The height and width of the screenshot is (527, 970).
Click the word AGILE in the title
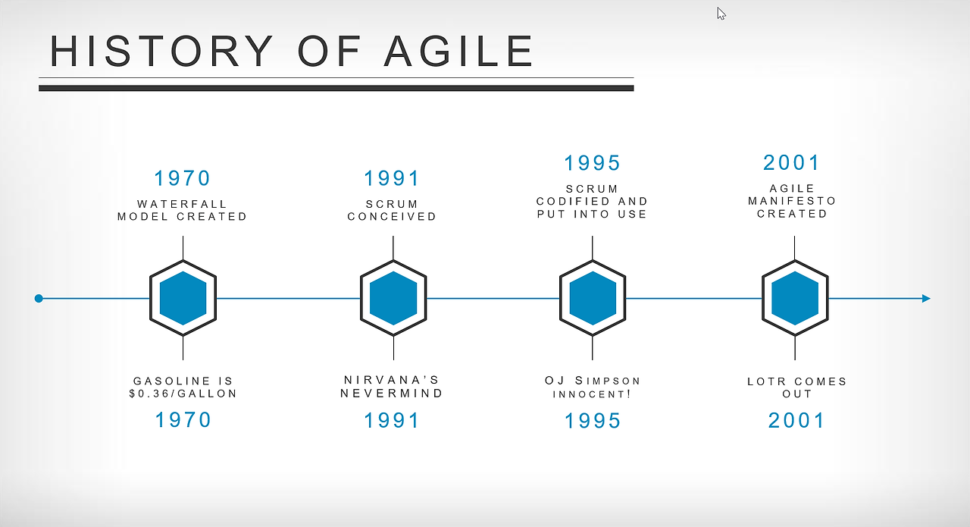click(x=458, y=51)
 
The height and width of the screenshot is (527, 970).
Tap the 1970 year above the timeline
click(x=183, y=178)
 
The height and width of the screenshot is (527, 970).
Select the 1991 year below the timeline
click(x=392, y=420)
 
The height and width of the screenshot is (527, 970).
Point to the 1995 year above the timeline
click(x=593, y=163)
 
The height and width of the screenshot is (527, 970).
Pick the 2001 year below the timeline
click(x=796, y=420)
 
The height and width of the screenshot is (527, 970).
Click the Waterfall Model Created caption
click(x=183, y=210)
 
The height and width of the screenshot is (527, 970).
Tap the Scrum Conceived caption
click(x=393, y=210)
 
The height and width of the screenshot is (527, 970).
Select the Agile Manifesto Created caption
click(x=793, y=201)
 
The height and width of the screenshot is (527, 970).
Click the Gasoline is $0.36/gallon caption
click(x=183, y=387)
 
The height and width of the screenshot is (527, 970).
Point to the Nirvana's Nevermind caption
click(x=392, y=387)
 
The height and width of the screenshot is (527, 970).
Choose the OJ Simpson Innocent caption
click(x=593, y=387)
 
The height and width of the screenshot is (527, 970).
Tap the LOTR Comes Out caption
click(x=797, y=387)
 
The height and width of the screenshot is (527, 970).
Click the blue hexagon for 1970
click(x=183, y=298)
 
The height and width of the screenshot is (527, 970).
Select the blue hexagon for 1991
click(x=393, y=298)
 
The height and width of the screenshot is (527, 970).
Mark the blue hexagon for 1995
click(x=593, y=298)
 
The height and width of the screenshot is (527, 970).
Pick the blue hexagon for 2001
click(x=795, y=298)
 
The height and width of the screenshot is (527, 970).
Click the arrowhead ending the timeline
click(x=926, y=298)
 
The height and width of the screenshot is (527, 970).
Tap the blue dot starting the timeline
click(x=39, y=298)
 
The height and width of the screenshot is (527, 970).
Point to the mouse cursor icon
click(x=721, y=14)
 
